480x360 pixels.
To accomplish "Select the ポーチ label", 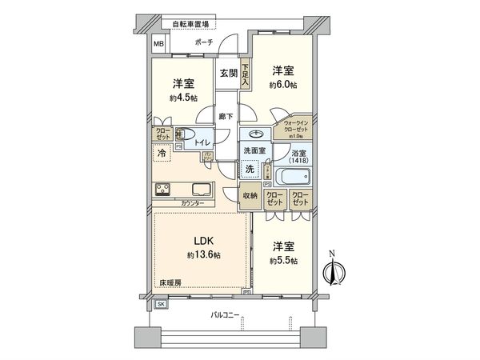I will (x=203, y=42).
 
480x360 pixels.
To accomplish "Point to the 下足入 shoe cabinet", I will (x=245, y=74).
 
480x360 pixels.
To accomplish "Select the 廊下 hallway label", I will (x=226, y=117).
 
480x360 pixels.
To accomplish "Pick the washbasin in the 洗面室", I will (x=257, y=134).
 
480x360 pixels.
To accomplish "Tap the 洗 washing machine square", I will (x=250, y=170).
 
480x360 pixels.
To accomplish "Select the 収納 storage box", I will (x=250, y=196).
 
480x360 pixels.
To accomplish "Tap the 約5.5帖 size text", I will (x=285, y=262).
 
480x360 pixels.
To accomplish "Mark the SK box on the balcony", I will (x=161, y=305).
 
